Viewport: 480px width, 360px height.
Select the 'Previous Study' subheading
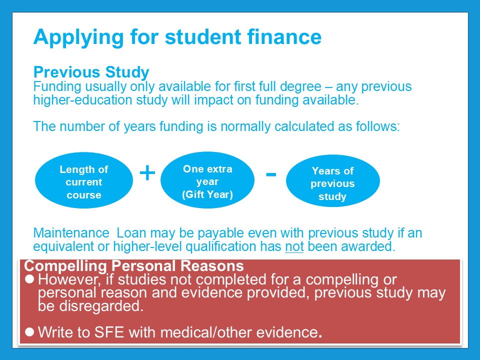pyautogui.click(x=91, y=72)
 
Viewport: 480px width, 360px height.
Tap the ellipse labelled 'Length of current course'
pyautogui.click(x=84, y=180)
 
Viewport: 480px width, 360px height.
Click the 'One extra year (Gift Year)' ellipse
pyautogui.click(x=207, y=180)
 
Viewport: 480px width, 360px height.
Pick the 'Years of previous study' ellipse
pyautogui.click(x=333, y=180)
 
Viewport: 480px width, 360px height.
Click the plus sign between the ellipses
pyautogui.click(x=147, y=173)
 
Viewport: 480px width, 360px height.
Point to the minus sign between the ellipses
pyautogui.click(x=271, y=174)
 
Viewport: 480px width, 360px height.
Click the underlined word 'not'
pyautogui.click(x=294, y=246)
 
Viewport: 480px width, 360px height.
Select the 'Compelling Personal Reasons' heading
pyautogui.click(x=134, y=265)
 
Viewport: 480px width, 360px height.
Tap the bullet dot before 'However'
pyautogui.click(x=29, y=279)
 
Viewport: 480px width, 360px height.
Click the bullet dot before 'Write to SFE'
pyautogui.click(x=29, y=332)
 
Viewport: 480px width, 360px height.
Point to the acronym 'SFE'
pyautogui.click(x=109, y=332)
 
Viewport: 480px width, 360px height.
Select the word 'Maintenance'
pyautogui.click(x=71, y=233)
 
